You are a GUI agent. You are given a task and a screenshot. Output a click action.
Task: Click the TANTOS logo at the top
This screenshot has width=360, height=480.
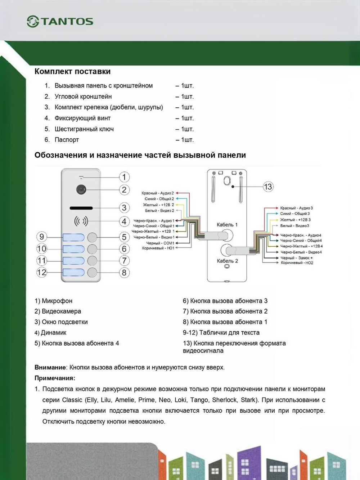[x=60, y=21]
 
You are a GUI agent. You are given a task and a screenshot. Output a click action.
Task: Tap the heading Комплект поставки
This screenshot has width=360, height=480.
[x=72, y=71]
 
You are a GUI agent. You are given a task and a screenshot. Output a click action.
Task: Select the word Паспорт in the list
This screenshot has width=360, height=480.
[x=67, y=140]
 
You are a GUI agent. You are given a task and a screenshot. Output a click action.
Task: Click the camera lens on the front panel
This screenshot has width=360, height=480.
[x=81, y=190]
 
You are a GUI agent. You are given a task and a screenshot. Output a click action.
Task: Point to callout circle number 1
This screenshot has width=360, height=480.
[x=124, y=177]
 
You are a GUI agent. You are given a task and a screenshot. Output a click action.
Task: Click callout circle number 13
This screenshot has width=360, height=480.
[x=268, y=187]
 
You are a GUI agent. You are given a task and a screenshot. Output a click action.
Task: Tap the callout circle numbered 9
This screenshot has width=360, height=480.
[x=42, y=237]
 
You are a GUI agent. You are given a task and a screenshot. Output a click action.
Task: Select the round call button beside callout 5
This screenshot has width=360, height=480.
[x=93, y=237]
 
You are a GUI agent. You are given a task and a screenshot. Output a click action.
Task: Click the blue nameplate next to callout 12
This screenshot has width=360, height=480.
[x=73, y=272]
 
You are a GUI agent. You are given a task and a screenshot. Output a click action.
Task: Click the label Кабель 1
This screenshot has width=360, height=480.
[x=227, y=225]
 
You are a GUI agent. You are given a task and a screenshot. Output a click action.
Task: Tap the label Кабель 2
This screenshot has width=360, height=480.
[x=227, y=261]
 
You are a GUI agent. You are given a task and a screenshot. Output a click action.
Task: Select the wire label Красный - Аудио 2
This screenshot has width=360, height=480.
[x=158, y=193]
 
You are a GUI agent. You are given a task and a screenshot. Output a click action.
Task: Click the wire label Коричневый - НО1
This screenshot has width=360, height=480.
[x=158, y=248]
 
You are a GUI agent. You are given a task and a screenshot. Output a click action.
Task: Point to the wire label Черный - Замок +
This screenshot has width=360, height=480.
[x=297, y=258]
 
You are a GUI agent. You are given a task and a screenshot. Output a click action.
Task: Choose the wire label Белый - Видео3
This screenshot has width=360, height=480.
[x=294, y=226]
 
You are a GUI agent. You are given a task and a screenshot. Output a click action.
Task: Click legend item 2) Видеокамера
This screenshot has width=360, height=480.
[x=58, y=311]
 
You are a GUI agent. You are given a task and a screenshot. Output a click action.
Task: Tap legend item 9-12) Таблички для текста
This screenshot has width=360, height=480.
[x=221, y=332]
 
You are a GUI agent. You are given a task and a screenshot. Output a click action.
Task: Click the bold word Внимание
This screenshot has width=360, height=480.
[x=50, y=367]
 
